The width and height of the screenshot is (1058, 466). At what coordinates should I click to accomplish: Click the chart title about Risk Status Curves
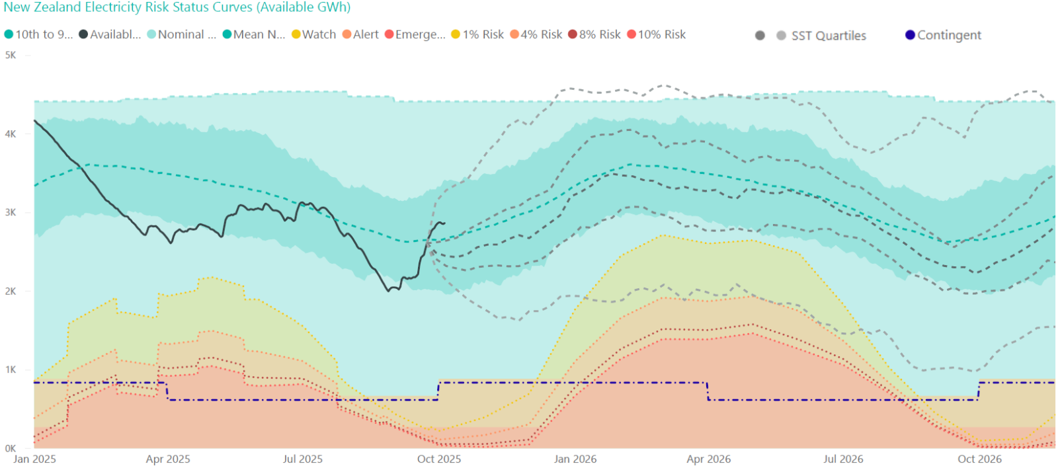(177, 7)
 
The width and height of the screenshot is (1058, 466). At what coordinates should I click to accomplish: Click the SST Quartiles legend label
(829, 36)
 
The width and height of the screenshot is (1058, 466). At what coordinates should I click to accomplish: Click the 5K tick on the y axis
(11, 56)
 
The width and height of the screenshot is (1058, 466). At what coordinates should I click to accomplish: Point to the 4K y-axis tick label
(11, 134)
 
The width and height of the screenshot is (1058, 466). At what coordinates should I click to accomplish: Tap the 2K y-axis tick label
(11, 291)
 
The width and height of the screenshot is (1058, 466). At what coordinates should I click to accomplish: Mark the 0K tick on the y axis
(11, 449)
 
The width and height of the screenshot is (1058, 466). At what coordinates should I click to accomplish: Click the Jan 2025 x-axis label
(34, 459)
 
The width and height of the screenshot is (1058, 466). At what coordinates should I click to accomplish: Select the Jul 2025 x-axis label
(303, 459)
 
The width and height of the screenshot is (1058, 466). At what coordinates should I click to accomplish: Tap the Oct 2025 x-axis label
(439, 459)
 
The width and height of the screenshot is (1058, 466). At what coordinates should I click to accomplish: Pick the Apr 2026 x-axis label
(709, 459)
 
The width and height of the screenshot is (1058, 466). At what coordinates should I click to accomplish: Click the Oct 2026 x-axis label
(979, 459)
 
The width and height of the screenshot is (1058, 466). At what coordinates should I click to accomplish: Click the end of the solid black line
(444, 223)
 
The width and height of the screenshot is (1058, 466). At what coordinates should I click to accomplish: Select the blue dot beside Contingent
(910, 35)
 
